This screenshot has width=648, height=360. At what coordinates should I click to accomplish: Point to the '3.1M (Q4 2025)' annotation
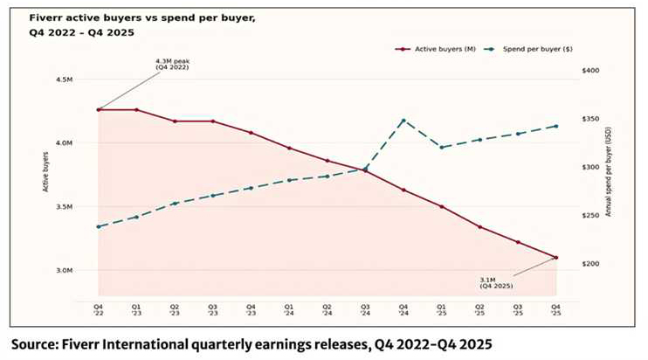point(496,282)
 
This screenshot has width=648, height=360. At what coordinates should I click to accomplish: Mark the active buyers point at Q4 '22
point(99,109)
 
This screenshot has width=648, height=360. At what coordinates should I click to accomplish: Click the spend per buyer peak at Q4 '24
point(403,120)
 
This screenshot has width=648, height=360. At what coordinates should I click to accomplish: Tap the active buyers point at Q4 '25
point(556,257)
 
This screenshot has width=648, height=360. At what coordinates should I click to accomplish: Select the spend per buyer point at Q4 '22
point(99,226)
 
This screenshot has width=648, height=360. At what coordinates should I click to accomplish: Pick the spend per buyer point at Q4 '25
point(556,126)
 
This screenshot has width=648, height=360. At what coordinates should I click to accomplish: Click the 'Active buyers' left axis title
point(45,176)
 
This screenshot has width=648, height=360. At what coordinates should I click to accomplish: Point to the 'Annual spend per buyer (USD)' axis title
point(609,175)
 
